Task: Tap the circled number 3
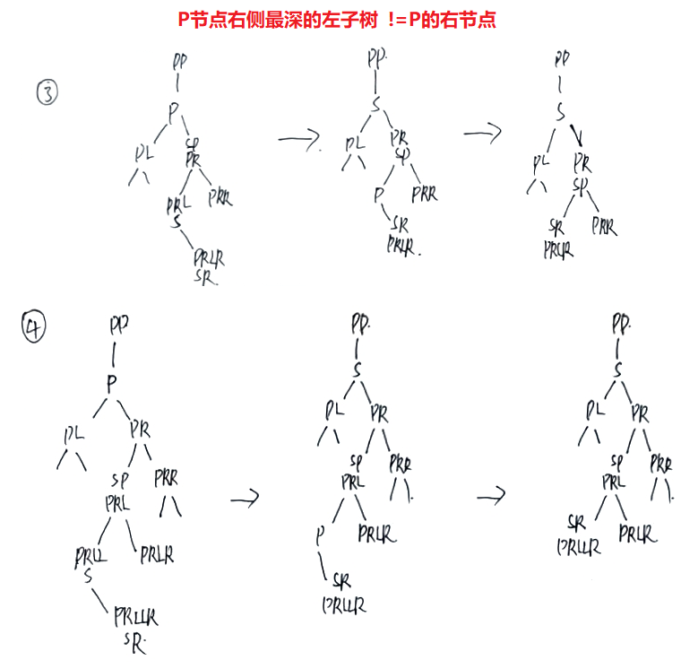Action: (x=47, y=92)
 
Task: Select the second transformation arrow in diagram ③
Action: (x=482, y=134)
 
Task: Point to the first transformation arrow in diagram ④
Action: (x=244, y=499)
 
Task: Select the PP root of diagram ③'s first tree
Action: (x=178, y=62)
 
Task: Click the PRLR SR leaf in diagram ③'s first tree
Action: (x=208, y=267)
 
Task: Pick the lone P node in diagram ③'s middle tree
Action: (x=379, y=193)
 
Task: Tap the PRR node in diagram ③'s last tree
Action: (x=604, y=226)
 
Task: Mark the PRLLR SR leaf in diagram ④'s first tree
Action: (x=135, y=628)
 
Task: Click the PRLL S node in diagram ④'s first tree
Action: (x=90, y=566)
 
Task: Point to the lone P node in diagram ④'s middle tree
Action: (x=319, y=537)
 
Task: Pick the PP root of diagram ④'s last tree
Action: (x=619, y=322)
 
